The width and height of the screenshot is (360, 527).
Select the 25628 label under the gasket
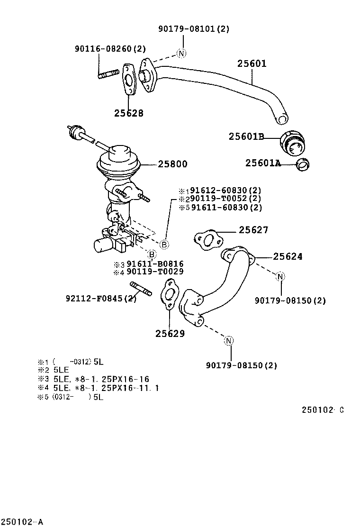click(x=128, y=113)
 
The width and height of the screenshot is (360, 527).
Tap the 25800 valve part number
click(x=172, y=164)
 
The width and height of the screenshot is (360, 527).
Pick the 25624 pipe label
click(x=288, y=256)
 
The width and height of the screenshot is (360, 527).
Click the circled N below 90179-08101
click(x=181, y=53)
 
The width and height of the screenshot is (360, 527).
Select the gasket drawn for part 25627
click(x=207, y=240)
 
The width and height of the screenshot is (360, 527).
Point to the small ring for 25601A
click(x=302, y=164)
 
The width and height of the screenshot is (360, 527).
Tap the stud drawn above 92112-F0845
click(x=140, y=289)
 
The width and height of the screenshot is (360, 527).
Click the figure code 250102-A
click(x=22, y=522)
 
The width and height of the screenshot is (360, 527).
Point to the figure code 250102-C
click(x=322, y=410)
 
